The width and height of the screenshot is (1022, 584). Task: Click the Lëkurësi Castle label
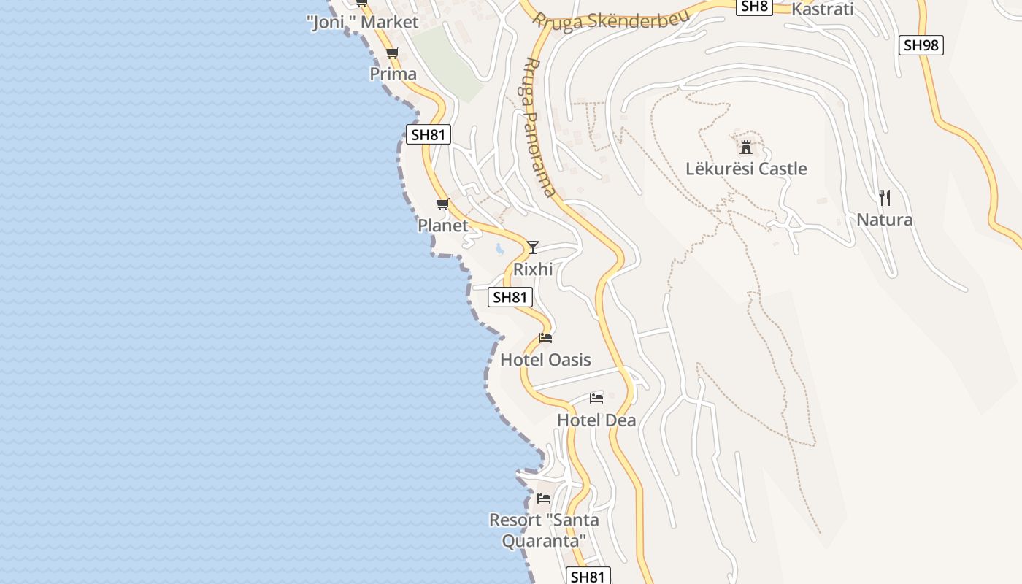(x=746, y=169)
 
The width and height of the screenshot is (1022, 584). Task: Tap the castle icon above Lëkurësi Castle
(x=746, y=147)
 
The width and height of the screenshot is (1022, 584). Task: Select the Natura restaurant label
(x=884, y=220)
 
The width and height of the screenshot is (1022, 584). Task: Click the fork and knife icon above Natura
(x=884, y=197)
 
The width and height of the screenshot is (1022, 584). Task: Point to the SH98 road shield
(x=920, y=45)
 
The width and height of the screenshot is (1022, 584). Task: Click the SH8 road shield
(x=754, y=7)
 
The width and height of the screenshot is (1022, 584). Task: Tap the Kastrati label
(x=822, y=9)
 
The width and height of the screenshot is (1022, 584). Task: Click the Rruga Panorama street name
(x=539, y=128)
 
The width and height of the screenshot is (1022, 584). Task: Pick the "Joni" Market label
(x=363, y=23)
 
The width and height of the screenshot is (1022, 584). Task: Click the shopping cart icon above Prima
(x=393, y=53)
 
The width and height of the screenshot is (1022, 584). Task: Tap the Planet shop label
(x=442, y=226)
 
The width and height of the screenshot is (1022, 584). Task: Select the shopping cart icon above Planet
(x=442, y=204)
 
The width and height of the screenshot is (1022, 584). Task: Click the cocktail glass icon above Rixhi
(x=533, y=247)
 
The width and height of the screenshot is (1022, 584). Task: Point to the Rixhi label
(x=533, y=269)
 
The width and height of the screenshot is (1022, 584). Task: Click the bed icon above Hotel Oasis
(x=545, y=338)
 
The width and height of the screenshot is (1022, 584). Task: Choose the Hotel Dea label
(x=596, y=420)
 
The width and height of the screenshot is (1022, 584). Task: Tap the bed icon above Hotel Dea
(x=596, y=399)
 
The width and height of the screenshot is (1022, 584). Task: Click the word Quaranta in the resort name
(x=544, y=541)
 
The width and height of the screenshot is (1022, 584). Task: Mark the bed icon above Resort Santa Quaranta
(x=544, y=499)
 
